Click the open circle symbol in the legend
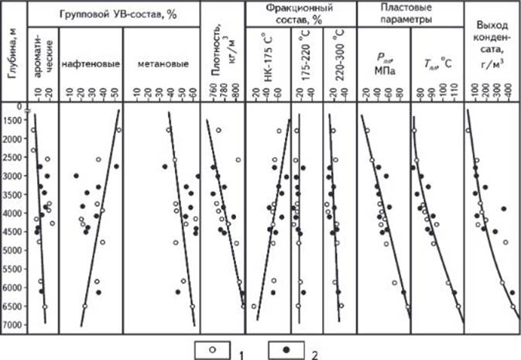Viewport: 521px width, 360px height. (x=212, y=350)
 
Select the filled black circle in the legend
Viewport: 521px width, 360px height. (x=286, y=350)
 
